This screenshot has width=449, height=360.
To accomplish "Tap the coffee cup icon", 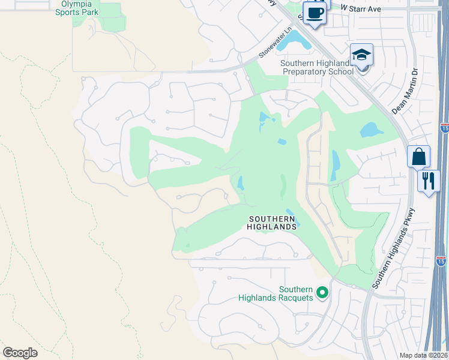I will pos(314,12).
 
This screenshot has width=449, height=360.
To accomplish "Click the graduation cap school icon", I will pos(362,56).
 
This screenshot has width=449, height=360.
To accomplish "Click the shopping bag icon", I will pos(418,157).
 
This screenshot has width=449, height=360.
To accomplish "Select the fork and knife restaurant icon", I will pos(428,181).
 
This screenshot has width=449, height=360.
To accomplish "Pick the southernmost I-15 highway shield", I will pos(441,260).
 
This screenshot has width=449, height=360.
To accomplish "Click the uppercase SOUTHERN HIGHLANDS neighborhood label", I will pos(273,223).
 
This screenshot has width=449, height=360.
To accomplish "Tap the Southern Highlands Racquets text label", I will pos(276,293).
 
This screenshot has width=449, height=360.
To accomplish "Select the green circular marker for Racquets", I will pos(322,293).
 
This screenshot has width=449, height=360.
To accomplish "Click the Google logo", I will pos(20,353).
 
